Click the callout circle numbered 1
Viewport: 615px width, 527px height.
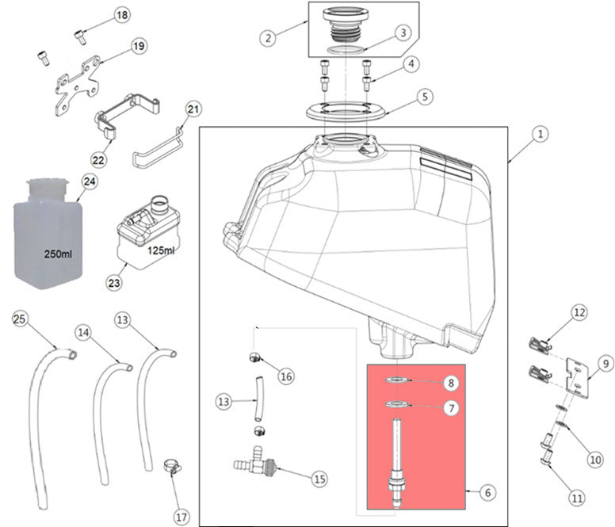click(539, 135)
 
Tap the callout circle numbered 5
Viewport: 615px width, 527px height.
click(425, 97)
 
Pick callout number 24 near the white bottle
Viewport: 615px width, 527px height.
click(90, 182)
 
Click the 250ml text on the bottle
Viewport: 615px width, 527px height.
click(59, 256)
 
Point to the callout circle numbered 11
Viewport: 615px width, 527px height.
click(576, 498)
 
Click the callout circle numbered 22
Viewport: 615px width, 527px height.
click(98, 159)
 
